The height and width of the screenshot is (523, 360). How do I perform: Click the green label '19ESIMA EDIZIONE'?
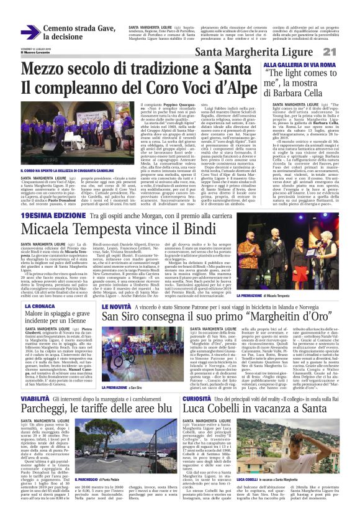click(47, 215)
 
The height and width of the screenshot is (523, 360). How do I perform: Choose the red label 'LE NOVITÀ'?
click(117, 307)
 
